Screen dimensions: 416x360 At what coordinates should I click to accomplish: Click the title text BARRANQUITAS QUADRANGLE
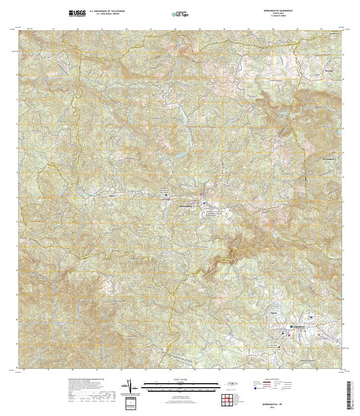(x=275, y=10)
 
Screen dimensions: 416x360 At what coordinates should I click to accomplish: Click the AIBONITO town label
(x=299, y=326)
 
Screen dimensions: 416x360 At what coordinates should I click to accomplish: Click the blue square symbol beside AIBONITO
(x=291, y=326)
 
